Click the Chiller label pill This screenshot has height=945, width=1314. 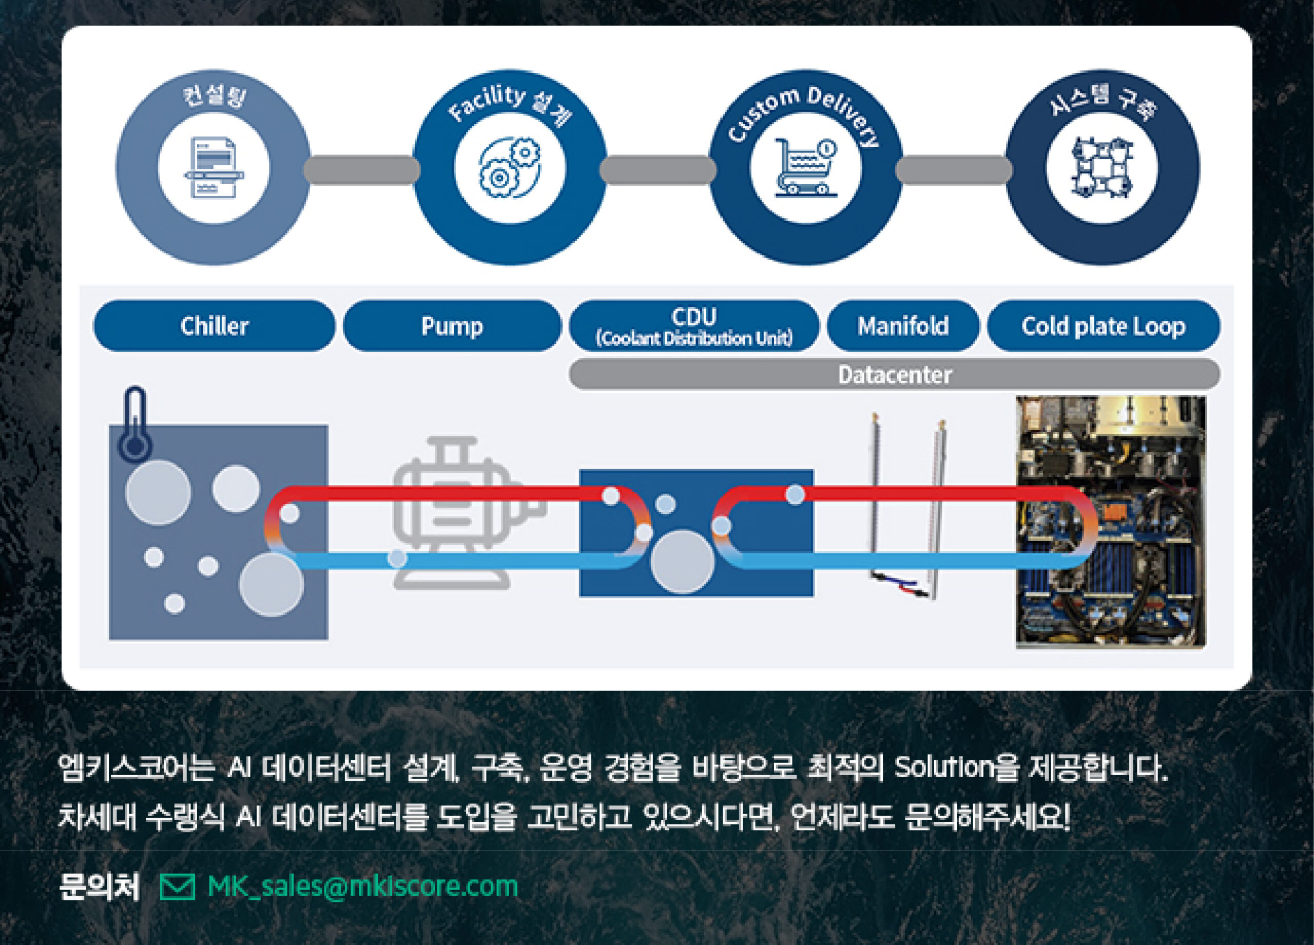click(x=214, y=325)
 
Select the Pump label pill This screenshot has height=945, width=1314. click(x=452, y=325)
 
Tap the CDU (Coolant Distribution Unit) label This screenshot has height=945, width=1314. click(x=694, y=325)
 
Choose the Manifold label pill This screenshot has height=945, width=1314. click(x=903, y=325)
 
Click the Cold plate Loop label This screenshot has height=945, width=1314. click(x=1103, y=325)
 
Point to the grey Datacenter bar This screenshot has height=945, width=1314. click(x=895, y=375)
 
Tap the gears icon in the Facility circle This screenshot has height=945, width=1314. click(x=510, y=168)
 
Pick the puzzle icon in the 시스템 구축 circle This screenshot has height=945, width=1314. click(x=1102, y=168)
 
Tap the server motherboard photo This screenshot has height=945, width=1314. click(x=1111, y=522)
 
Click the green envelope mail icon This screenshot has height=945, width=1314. click(x=177, y=887)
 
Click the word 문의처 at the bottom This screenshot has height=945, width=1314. click(x=99, y=886)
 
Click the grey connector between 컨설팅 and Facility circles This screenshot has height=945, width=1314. click(x=362, y=170)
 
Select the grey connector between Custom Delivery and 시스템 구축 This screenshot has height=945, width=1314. click(x=954, y=170)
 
